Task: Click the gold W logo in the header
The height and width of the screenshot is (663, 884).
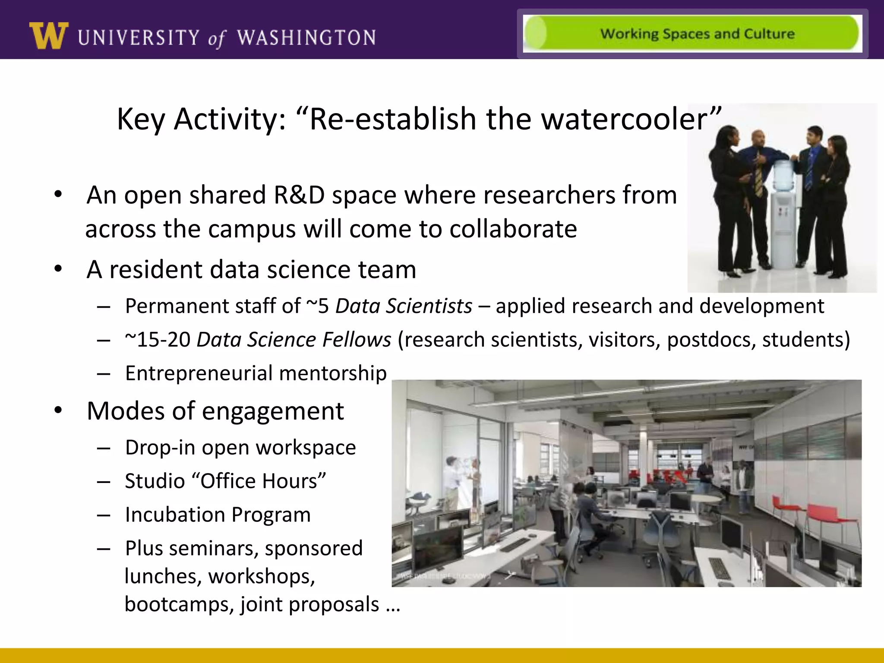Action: (48, 35)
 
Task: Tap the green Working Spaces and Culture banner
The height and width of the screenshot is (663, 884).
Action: (692, 34)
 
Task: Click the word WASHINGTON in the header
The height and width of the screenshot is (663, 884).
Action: (306, 38)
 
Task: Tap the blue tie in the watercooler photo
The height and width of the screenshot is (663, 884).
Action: (809, 170)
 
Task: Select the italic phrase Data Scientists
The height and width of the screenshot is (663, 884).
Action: (404, 306)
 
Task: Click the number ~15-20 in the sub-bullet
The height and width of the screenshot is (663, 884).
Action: (158, 340)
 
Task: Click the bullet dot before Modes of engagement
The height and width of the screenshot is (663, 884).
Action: (58, 410)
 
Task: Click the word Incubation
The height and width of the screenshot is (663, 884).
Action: (175, 515)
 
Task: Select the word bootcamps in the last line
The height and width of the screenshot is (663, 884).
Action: (179, 604)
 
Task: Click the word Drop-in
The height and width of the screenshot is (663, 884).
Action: (160, 448)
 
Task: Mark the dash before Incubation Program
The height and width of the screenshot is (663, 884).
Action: (104, 515)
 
